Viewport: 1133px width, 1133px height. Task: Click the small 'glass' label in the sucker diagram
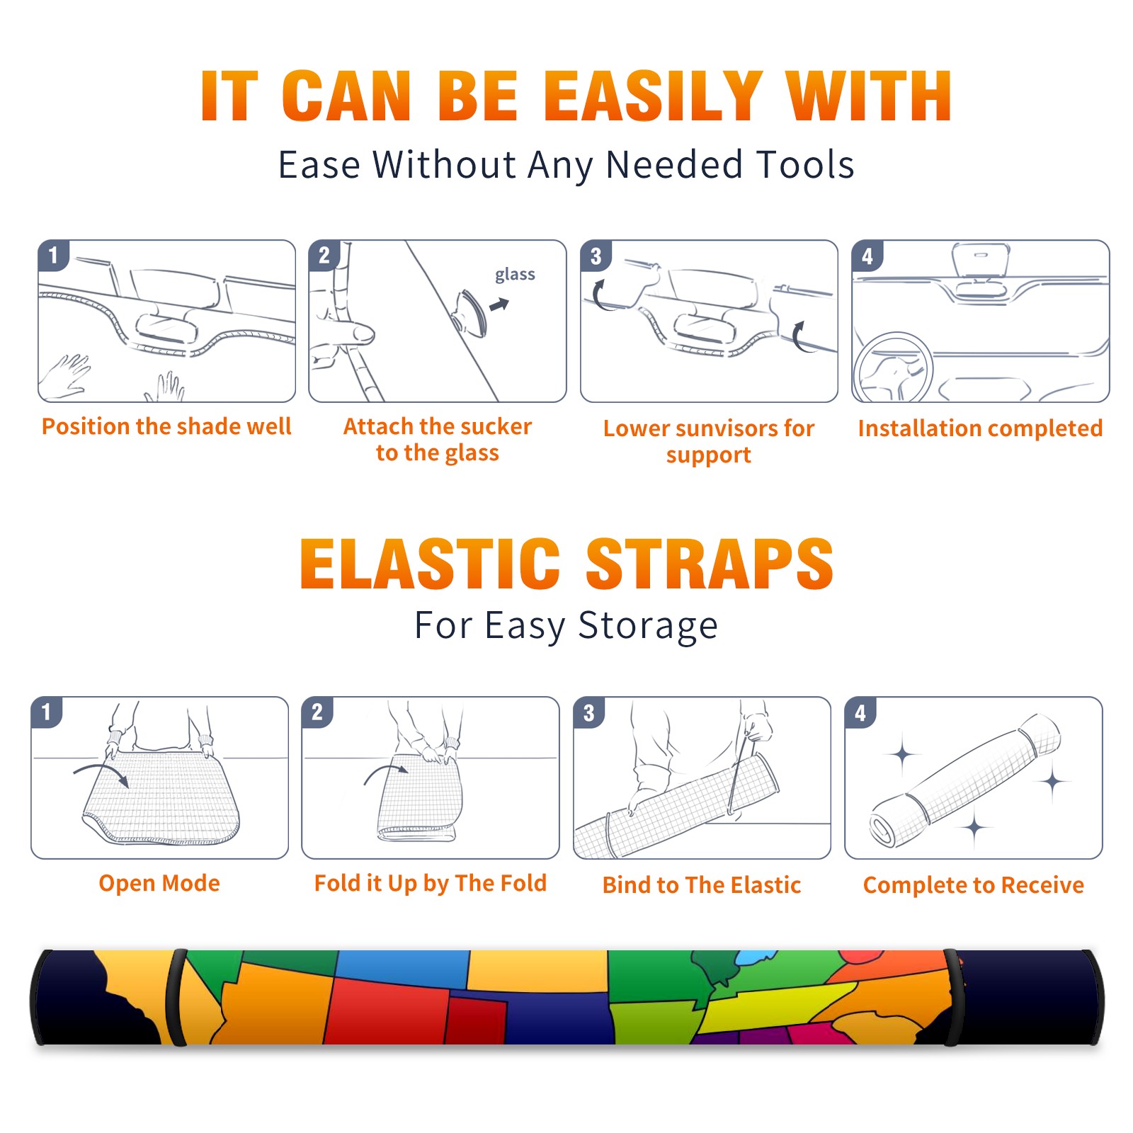click(515, 275)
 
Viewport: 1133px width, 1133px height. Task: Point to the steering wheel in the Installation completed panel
click(893, 367)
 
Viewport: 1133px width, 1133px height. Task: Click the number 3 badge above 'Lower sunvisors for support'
click(596, 256)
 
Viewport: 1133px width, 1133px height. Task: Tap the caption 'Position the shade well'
click(166, 426)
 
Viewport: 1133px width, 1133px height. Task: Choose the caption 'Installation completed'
click(980, 428)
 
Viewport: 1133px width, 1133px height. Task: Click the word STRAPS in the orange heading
click(710, 564)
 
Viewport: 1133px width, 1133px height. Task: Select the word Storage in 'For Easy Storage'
click(648, 626)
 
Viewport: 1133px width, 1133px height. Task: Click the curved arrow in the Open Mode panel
click(101, 773)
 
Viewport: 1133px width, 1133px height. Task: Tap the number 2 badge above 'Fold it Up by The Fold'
click(317, 712)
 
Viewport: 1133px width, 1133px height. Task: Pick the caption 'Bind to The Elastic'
click(701, 884)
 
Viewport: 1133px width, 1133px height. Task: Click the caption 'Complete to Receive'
click(973, 884)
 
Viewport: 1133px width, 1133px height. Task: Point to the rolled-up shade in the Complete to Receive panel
click(965, 780)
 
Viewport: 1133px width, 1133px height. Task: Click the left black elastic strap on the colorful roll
click(176, 998)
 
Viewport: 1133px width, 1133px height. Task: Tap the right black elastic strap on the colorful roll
click(953, 998)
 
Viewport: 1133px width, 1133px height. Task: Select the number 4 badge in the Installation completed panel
click(867, 256)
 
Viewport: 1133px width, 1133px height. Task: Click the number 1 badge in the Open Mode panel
click(47, 712)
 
